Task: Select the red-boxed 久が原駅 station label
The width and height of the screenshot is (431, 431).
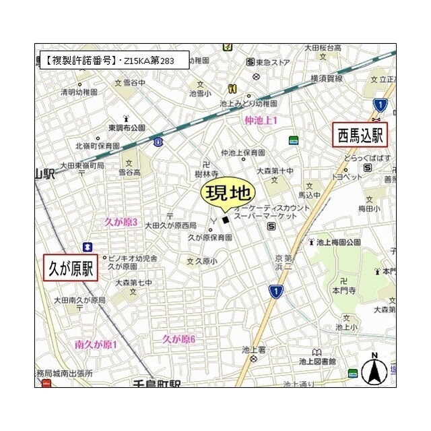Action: (71, 267)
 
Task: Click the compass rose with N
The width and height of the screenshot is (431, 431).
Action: (374, 370)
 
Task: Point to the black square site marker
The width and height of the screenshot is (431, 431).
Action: (226, 219)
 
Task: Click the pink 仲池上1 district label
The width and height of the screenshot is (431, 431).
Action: (261, 120)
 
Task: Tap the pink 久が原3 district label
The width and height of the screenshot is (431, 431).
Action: (121, 222)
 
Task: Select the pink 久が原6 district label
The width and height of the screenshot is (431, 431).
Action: (178, 339)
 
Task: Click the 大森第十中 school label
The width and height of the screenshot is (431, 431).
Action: (275, 171)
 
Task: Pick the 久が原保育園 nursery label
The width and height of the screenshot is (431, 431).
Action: (209, 237)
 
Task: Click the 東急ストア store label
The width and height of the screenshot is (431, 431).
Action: (273, 62)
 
